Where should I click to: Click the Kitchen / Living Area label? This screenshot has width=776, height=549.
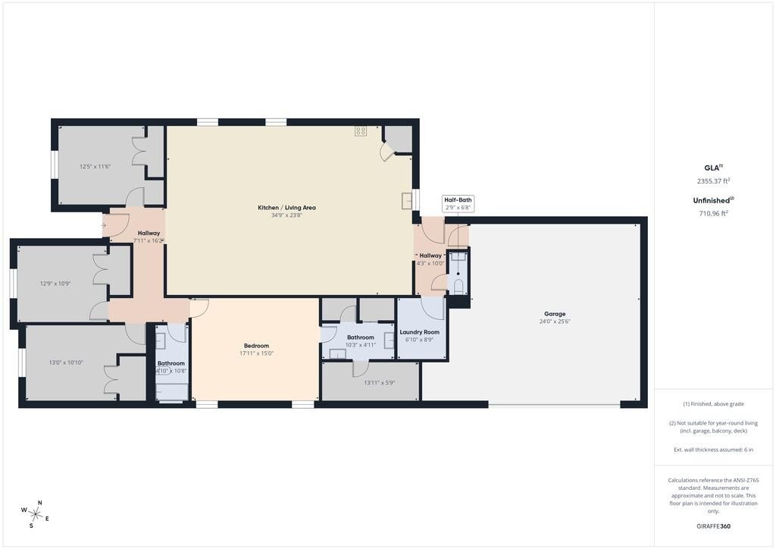286,208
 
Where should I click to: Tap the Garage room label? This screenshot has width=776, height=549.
554,314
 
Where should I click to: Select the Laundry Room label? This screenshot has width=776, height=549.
420,332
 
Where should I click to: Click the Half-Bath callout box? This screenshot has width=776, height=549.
458,203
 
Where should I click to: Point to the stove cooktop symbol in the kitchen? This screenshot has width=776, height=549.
360,131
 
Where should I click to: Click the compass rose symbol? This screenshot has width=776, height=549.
35,514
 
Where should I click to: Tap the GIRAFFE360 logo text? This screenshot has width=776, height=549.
713,526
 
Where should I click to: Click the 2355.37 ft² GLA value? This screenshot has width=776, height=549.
714,181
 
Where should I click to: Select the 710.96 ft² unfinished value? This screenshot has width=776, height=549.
714,213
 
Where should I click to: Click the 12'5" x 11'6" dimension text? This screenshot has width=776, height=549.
95,167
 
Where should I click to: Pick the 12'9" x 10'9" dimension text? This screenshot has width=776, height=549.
55,284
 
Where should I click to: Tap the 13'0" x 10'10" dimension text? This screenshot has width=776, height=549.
66,362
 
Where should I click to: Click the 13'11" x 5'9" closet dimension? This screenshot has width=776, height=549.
379,383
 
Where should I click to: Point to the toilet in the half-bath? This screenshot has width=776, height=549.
458,287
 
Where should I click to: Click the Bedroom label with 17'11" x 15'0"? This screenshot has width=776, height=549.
256,346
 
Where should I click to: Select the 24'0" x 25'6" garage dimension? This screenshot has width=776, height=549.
554,322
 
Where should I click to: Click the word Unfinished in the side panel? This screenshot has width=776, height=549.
711,200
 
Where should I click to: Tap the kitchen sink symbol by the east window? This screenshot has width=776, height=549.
407,200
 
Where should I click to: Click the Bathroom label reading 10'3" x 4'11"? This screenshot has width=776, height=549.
360,337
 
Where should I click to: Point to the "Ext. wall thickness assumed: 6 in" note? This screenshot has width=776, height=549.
713,450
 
